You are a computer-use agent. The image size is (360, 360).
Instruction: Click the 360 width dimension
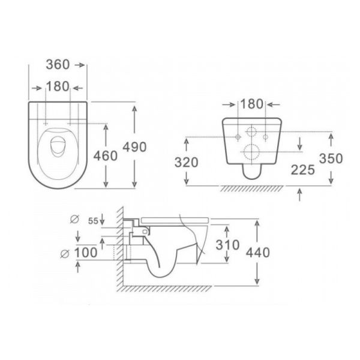click(58, 65)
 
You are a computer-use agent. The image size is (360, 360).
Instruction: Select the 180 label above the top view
click(58, 86)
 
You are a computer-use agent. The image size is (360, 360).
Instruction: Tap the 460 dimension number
click(106, 156)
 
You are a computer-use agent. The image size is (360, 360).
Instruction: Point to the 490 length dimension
click(134, 147)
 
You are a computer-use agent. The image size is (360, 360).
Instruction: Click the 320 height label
click(187, 163)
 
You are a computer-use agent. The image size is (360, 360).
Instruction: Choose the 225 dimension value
click(303, 170)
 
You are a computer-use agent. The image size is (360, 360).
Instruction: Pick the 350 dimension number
click(331, 158)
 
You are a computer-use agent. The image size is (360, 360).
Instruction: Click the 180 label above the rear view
click(251, 104)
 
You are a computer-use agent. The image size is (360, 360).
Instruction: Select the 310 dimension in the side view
click(227, 245)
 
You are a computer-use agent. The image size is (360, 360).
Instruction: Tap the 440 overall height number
click(257, 253)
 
